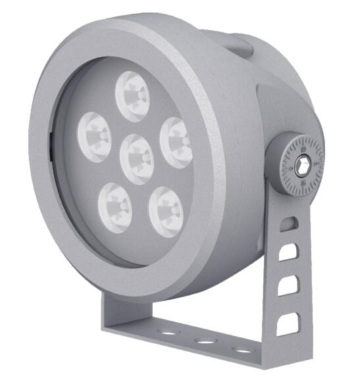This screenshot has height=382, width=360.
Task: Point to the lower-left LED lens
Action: (115, 204)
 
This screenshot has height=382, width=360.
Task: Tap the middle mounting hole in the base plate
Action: (207, 341)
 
